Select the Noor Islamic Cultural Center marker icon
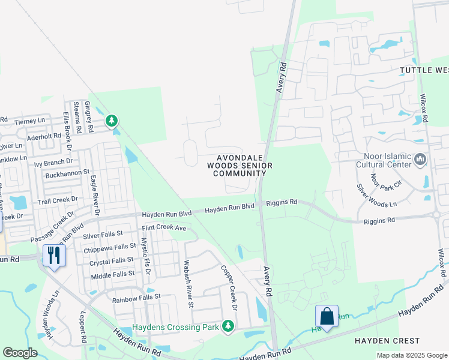click(420, 160)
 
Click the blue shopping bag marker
click(327, 316)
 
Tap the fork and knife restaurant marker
click(54, 256)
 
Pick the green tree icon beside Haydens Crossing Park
click(228, 326)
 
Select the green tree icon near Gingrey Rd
click(112, 121)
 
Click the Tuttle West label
click(424, 70)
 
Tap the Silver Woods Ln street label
click(376, 196)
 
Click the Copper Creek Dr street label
click(229, 288)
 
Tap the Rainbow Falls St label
click(136, 296)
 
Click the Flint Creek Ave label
click(164, 228)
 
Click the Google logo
click(20, 352)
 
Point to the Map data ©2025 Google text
click(411, 355)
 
